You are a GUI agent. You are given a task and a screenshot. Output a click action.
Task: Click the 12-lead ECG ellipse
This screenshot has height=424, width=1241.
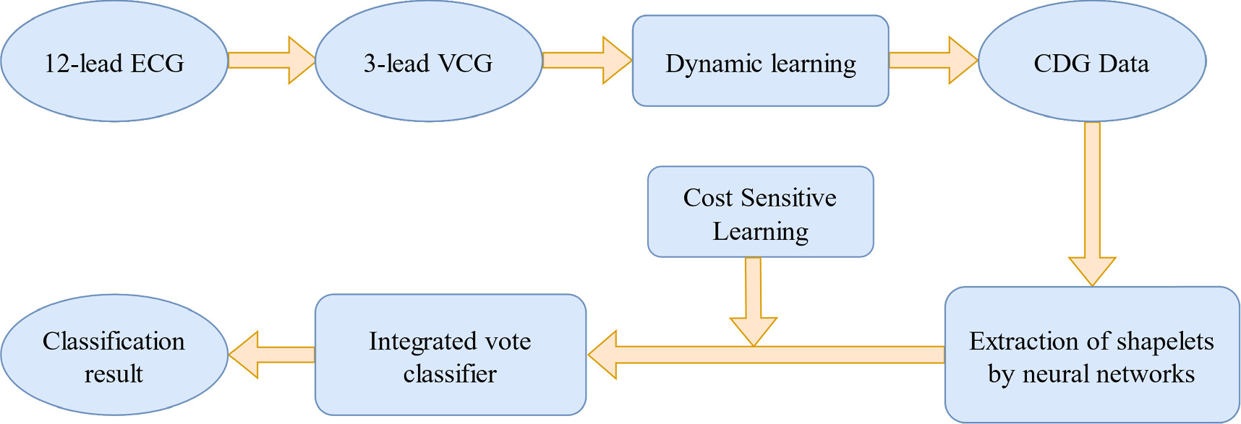pyautogui.click(x=114, y=61)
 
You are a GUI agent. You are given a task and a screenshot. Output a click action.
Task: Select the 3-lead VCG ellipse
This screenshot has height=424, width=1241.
pyautogui.click(x=428, y=61)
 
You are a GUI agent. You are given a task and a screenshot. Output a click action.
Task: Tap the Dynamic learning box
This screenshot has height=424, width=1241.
pyautogui.click(x=760, y=61)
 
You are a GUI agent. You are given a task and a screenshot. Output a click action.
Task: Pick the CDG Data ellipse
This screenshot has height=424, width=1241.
pyautogui.click(x=1091, y=61)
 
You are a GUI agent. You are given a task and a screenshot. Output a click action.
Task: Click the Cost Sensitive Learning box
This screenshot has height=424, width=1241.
pyautogui.click(x=760, y=212)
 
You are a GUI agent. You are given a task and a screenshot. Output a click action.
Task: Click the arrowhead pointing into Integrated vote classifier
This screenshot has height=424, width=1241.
pyautogui.click(x=604, y=355)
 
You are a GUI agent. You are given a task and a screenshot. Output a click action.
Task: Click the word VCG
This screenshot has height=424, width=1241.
pyautogui.click(x=465, y=64)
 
